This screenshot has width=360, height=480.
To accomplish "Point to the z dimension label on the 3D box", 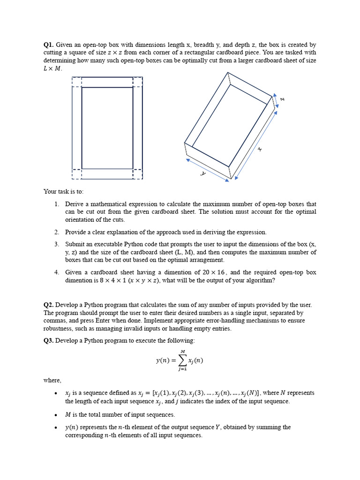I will (x=283, y=99).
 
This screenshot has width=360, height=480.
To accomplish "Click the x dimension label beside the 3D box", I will (x=259, y=150).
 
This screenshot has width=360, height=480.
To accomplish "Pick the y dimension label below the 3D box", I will (x=203, y=173).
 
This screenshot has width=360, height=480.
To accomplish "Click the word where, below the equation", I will (x=52, y=380).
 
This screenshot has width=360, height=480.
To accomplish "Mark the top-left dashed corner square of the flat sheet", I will (x=77, y=82).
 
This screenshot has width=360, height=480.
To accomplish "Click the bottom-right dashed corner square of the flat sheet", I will (x=138, y=173).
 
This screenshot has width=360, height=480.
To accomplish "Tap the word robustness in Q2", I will (x=59, y=329).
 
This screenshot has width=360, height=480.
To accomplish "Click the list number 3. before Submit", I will (x=56, y=244).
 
